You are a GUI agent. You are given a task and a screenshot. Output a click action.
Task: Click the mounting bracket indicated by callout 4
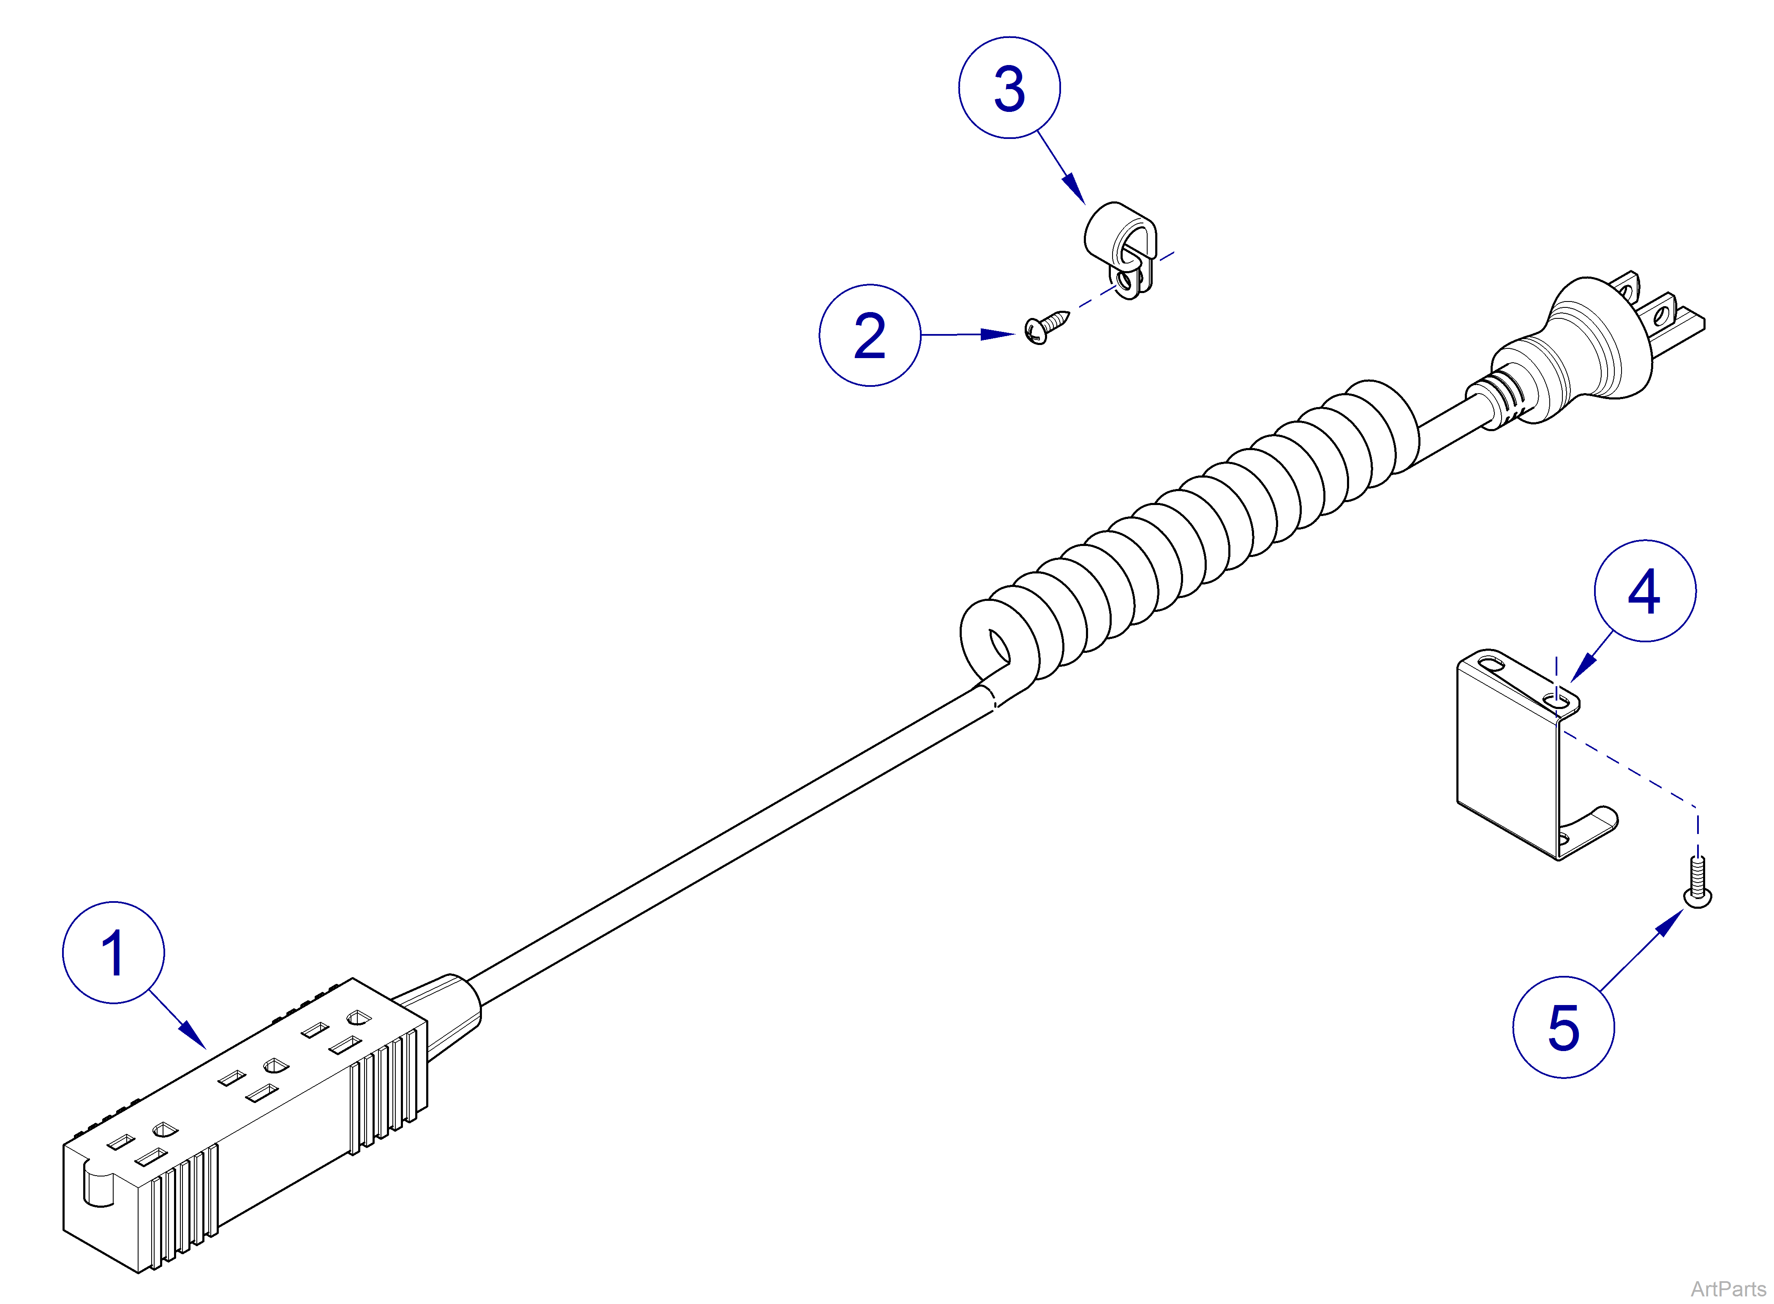[1508, 758]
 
